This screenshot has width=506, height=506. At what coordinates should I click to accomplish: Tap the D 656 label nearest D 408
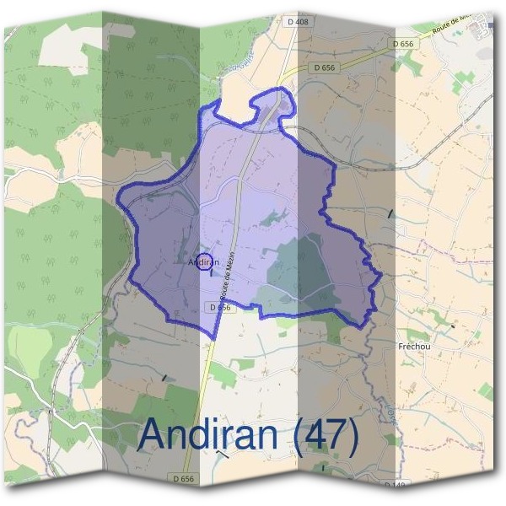pos(324,66)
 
